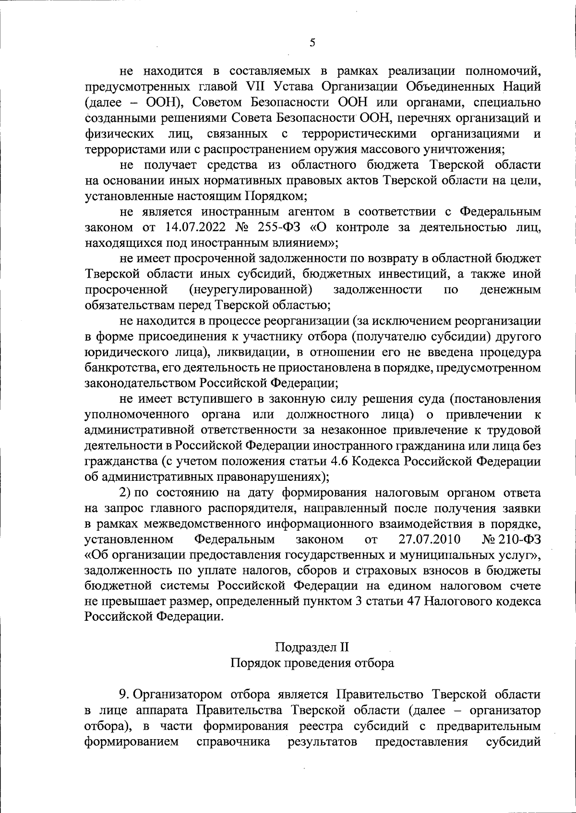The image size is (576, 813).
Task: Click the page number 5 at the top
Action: click(312, 43)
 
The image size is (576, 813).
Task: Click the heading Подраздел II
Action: click(312, 647)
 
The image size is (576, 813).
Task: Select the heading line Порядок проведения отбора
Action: click(312, 663)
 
